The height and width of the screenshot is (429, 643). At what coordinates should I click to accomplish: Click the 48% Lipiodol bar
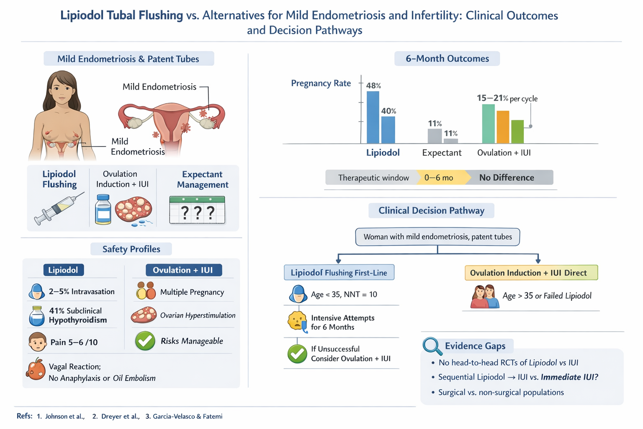point(373,118)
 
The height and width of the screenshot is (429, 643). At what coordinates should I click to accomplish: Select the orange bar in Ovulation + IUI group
point(503,127)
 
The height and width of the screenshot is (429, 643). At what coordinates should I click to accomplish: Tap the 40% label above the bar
point(388,111)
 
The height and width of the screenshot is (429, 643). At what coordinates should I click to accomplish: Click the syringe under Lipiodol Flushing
point(59,208)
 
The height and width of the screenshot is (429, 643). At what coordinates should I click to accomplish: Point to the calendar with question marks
point(197,210)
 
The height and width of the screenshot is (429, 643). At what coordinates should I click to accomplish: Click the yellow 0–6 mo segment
point(439,178)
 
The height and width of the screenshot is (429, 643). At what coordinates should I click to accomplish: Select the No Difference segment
point(507,178)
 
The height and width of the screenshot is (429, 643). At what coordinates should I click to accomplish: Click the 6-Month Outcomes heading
point(447,59)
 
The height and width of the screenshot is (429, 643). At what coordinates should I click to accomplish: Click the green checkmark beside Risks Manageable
point(145,341)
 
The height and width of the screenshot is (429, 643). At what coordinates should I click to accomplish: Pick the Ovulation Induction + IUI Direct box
point(531,273)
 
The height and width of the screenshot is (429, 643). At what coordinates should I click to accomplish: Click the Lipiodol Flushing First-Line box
point(339,273)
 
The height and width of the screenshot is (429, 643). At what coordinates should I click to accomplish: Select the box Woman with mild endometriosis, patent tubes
point(437,237)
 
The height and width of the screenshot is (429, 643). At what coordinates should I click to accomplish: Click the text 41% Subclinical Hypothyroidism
point(78,315)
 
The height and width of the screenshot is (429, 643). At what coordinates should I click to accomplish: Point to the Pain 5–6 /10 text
point(74,342)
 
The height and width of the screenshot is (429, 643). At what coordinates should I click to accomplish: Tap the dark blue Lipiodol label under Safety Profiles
point(63,270)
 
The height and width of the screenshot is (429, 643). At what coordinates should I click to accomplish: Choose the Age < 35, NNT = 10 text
point(344,295)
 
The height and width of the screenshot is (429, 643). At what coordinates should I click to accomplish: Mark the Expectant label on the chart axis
point(442,153)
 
